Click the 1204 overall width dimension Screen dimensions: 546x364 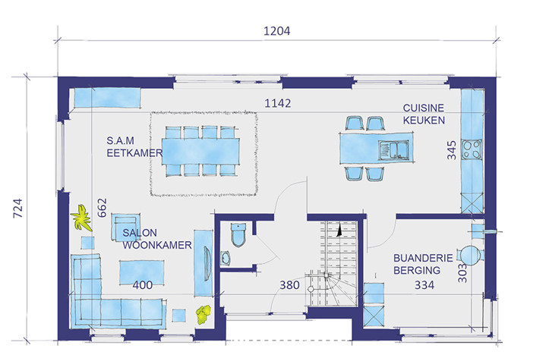[277, 31]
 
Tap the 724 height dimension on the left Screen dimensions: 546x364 [17, 209]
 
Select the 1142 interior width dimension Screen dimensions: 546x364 [277, 103]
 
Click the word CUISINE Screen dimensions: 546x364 [424, 108]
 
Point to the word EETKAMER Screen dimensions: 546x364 [134, 153]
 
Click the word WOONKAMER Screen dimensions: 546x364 [157, 245]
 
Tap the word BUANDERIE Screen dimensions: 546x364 [423, 258]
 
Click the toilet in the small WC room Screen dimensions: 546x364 [238, 235]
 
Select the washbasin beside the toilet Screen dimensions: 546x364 [226, 259]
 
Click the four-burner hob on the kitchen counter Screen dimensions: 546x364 [472, 149]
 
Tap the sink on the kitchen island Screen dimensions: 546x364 [394, 150]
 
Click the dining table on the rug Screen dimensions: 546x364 [200, 152]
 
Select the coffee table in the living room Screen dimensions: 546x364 [142, 272]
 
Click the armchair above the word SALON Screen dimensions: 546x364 [126, 227]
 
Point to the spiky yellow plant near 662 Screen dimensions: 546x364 [81, 218]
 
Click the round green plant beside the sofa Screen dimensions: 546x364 [204, 314]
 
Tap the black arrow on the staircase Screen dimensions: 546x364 [339, 231]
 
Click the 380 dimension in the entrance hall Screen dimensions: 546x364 [289, 285]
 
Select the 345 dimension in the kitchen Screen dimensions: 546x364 [452, 150]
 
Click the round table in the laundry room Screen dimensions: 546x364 [470, 255]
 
